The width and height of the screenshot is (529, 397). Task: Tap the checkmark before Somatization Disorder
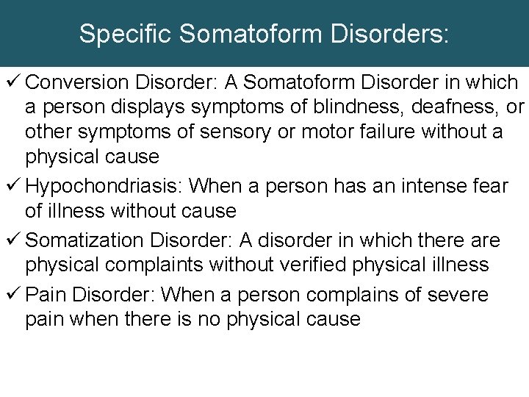pos(12,240)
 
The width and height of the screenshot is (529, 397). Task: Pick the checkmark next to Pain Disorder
pos(12,295)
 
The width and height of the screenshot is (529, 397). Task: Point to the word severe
pos(458,295)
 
